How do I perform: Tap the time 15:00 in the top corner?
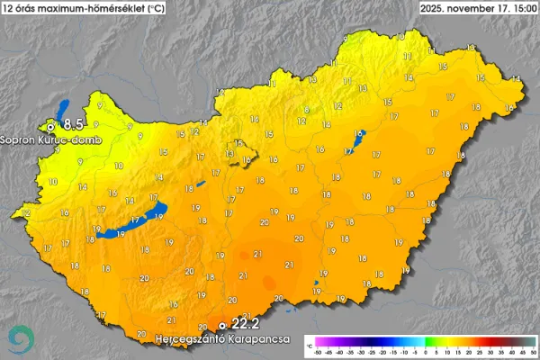[x=523, y=7]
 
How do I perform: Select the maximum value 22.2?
[x=246, y=323]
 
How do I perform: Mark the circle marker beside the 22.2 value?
[x=223, y=325]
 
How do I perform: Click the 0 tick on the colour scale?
[x=425, y=352]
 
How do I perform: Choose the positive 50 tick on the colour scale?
[x=533, y=352]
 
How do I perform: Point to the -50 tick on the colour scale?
[x=318, y=352]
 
